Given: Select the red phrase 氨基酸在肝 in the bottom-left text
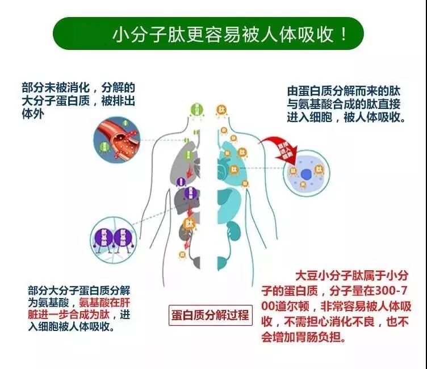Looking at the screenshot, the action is (105, 302).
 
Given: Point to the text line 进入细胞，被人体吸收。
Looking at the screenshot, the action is (345, 118).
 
